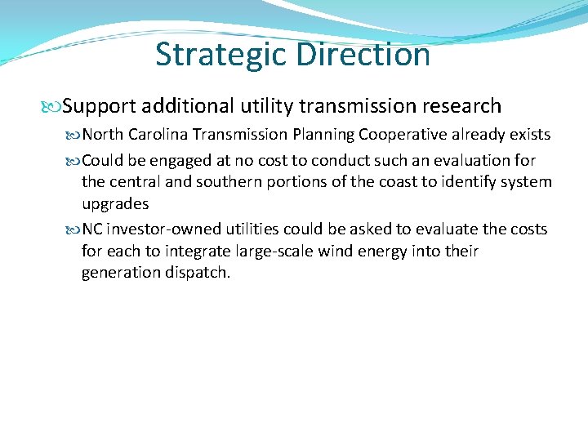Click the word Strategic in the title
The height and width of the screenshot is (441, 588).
click(x=221, y=55)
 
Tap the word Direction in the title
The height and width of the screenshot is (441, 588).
click(x=363, y=55)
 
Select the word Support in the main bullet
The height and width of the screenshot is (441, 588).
click(x=99, y=106)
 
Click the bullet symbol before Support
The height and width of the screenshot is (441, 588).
click(x=55, y=106)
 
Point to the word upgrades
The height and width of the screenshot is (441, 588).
click(x=115, y=203)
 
